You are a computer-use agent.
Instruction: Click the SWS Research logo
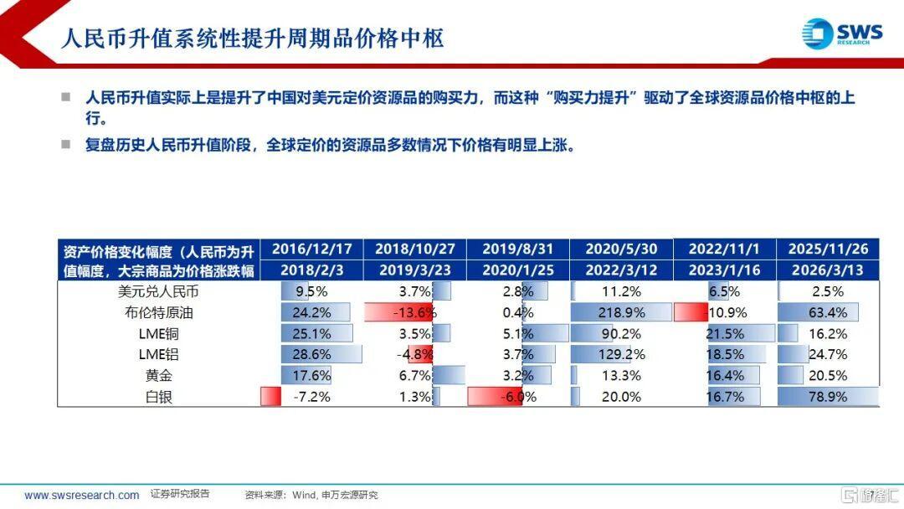tap(841, 34)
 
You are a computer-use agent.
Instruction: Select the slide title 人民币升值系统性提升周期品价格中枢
tap(252, 38)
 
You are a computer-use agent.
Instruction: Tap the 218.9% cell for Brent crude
tap(622, 313)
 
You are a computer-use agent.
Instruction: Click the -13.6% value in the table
tap(415, 313)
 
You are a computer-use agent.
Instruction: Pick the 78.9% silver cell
tap(827, 397)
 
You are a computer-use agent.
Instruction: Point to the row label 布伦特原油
tap(158, 313)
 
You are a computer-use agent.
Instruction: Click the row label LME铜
tap(158, 334)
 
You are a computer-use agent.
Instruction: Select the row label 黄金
tap(158, 376)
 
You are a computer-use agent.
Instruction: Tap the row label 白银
tap(158, 397)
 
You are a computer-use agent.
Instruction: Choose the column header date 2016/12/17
tap(311, 249)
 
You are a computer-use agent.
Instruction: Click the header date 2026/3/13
tap(827, 270)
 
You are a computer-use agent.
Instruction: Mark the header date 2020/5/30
tap(622, 249)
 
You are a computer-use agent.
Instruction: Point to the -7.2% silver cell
tap(311, 397)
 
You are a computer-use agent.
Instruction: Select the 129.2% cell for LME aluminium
tap(622, 355)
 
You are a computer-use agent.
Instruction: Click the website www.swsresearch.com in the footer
tap(82, 495)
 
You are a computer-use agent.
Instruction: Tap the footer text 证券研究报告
tap(180, 494)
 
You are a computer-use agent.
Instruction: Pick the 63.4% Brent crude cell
tap(827, 313)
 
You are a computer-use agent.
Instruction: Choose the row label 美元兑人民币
tap(158, 292)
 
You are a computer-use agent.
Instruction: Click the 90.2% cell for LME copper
tap(622, 334)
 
